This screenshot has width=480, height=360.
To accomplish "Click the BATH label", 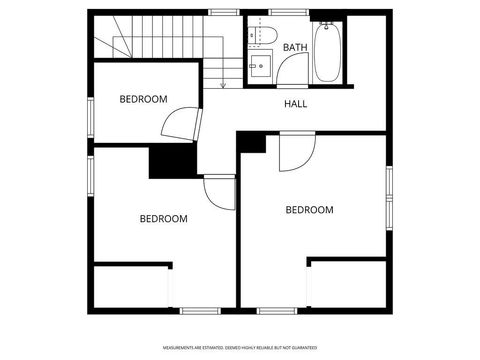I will tap(295, 47).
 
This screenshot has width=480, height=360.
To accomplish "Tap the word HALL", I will tap(296, 104).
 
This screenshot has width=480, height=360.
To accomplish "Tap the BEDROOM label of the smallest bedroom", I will tap(143, 98).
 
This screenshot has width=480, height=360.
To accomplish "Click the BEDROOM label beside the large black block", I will tap(163, 218).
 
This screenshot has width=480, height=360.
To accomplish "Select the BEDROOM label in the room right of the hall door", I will tap(309, 209).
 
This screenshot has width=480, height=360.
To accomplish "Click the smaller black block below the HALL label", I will tap(251, 142).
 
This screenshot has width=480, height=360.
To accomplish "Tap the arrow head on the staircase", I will tap(223, 85).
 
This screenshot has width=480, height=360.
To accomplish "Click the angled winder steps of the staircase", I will tap(115, 40).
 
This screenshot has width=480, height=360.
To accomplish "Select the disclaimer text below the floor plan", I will tap(239, 347).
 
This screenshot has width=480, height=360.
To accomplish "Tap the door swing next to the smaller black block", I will tap(296, 151).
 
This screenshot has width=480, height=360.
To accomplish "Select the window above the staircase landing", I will tap(223, 12).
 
